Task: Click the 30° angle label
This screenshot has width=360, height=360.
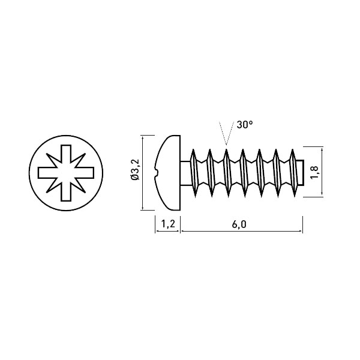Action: (x=245, y=125)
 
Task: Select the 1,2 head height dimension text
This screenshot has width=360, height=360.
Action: (x=168, y=224)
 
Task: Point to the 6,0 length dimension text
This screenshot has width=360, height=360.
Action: (x=239, y=224)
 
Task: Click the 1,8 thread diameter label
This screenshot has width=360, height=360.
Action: (x=314, y=172)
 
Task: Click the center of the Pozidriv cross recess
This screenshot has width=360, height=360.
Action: (x=66, y=173)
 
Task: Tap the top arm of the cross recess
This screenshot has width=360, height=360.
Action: (x=66, y=156)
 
